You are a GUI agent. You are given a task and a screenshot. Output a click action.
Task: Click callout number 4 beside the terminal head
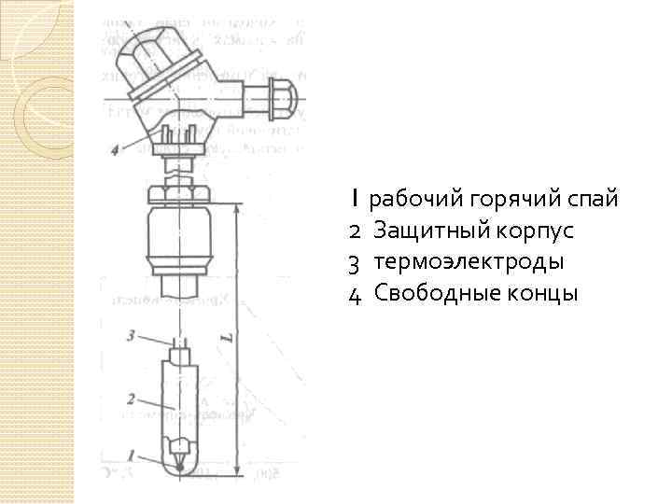(113, 149)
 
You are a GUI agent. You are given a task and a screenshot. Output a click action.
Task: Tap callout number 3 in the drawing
(133, 333)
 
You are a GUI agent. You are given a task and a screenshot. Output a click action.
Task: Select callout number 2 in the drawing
(132, 399)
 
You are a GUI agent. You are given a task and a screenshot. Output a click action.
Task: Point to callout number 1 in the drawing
(133, 455)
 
